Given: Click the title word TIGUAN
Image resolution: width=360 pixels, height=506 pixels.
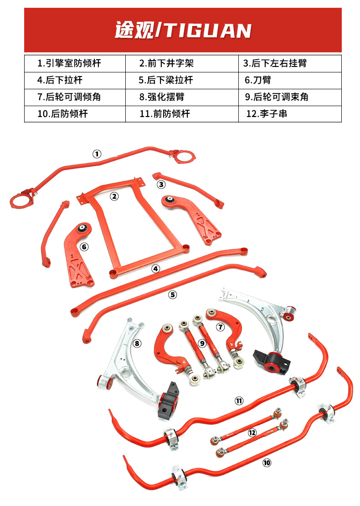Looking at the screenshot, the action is tap(208, 31).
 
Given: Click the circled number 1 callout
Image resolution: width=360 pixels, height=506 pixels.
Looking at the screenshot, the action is tap(97, 153).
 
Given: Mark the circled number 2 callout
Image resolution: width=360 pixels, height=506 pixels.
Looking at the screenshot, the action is tap(114, 196).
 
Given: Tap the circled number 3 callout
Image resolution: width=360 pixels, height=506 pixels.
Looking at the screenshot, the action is tap(161, 184).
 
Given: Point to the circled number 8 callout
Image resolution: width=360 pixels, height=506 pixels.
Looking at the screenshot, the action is tap(137, 343).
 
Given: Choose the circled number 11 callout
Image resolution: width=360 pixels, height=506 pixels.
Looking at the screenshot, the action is tap(239, 401).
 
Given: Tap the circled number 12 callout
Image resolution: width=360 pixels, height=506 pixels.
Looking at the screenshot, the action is tap(252, 433).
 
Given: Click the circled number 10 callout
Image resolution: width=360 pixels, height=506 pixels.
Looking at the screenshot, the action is tap(267, 463).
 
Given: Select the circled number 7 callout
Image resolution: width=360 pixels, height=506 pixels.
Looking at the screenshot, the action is tap(220, 327).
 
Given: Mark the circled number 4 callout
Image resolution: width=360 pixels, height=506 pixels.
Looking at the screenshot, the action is tap(156, 269).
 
